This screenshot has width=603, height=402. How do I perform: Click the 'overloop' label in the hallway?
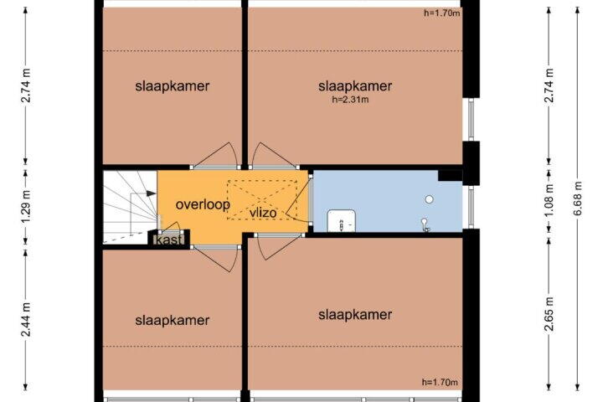pos(203,204)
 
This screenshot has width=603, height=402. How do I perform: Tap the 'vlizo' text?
pos(263,213)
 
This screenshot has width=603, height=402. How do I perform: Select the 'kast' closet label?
pos(169,240)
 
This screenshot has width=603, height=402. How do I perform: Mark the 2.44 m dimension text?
pos(26,319)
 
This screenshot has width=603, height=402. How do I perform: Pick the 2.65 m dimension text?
pos(550,314)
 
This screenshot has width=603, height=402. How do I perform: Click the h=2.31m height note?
pos(350,100)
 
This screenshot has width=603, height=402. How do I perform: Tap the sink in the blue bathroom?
pos(341,221)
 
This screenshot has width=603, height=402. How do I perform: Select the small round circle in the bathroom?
pos(429,199)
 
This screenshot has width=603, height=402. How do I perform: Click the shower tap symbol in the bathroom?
pos(425,225)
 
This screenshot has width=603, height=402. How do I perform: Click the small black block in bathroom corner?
pos(450,175)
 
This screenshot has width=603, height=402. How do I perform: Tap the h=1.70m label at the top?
pos(442,13)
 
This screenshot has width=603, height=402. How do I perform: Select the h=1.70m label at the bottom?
pos(440,382)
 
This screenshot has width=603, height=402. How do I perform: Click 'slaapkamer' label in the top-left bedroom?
pos(173,85)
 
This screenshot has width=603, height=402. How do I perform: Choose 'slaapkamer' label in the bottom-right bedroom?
pos(355,315)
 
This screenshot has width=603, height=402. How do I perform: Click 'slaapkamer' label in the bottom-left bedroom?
pos(173,321)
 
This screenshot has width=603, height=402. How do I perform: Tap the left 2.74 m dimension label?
pos(26,85)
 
